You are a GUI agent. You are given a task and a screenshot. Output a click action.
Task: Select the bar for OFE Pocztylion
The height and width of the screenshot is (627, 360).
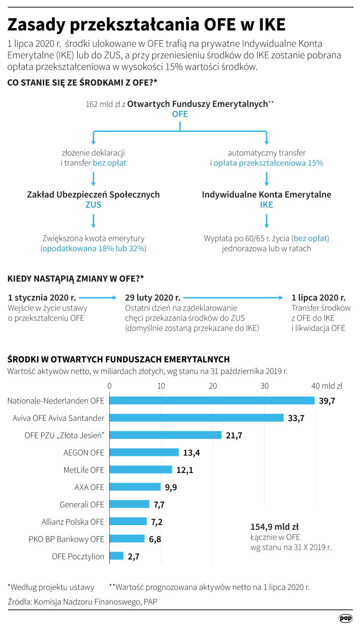pos(116,556)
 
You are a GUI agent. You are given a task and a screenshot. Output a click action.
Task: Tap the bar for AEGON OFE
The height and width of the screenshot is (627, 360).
pos(144,452)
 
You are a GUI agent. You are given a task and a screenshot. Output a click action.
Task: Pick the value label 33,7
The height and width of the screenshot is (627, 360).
pos(296,418)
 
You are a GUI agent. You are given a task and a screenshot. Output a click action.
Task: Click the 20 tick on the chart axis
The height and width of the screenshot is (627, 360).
pos(213,386)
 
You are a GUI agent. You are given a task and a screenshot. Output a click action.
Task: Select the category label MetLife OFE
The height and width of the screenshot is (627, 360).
pos(84,470)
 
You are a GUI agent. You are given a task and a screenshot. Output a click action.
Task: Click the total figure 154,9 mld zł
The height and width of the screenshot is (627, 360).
pos(274,527)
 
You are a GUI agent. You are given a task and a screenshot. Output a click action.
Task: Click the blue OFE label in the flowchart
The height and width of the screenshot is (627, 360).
pos(179,114)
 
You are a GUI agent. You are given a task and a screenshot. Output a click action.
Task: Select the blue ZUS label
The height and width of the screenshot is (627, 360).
pos(93,205)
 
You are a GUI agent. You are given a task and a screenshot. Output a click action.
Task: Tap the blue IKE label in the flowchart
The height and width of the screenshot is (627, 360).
pos(266,205)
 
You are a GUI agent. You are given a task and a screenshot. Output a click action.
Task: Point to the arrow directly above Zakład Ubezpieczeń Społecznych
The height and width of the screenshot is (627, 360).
pos(93,178)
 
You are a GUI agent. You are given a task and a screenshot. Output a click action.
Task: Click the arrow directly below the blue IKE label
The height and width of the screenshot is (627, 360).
pos(266,220)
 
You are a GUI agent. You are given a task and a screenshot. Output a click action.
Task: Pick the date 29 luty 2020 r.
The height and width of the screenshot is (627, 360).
pos(152,297)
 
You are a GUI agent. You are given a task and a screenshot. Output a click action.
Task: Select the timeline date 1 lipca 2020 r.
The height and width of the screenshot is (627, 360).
pos(318,297)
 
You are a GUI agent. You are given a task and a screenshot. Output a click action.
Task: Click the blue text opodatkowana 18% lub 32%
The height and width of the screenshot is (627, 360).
pos(93,248)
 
